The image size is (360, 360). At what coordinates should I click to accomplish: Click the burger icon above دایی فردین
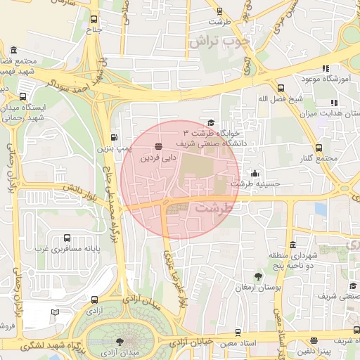click(x=158, y=147)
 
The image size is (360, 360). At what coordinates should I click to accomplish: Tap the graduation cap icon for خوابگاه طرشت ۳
click(x=211, y=122)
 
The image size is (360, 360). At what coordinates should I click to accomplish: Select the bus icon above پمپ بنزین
click(x=115, y=137)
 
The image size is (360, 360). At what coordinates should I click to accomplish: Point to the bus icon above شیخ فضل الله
click(x=281, y=88)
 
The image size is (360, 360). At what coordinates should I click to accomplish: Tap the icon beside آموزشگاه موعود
click(x=325, y=68)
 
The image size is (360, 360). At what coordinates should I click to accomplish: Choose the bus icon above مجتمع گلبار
click(x=319, y=148)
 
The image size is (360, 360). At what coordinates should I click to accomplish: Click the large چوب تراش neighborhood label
click(x=219, y=41)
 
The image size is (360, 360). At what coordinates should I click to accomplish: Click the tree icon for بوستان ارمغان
click(x=258, y=276)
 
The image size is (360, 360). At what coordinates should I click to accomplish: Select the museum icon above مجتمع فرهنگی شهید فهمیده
click(x=15, y=49)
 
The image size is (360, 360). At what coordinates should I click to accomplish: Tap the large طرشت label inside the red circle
click(x=213, y=208)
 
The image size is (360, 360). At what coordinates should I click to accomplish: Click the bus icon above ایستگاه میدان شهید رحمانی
click(x=24, y=97)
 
